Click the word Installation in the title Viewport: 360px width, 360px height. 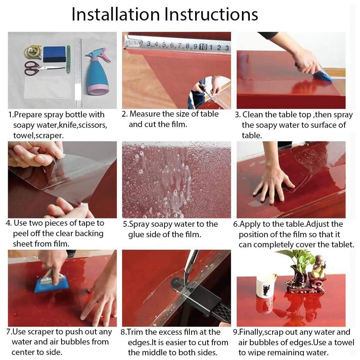pos(115,14)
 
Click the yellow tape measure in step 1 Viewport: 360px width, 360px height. pos(32,51)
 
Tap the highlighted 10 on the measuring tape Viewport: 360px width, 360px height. pos(203,46)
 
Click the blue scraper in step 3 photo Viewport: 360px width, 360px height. pos(326,76)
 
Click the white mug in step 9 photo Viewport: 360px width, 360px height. pos(266,286)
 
